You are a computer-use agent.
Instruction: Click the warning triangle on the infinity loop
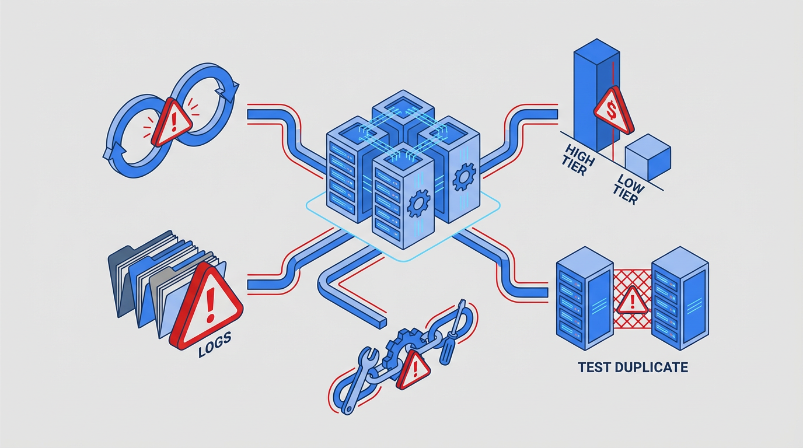(171, 121)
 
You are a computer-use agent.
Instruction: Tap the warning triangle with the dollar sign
(612, 111)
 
